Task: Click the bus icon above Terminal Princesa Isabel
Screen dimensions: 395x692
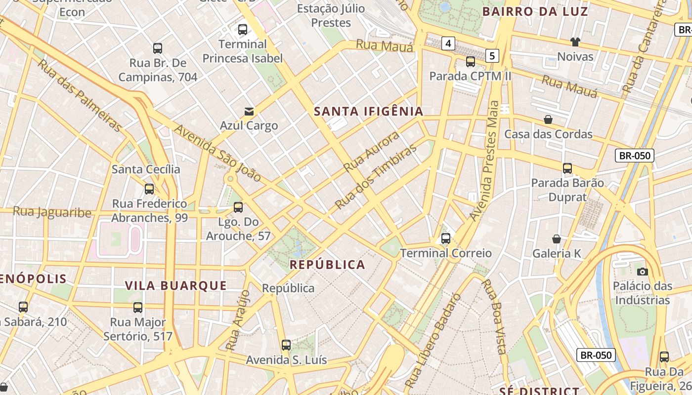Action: [x=243, y=30]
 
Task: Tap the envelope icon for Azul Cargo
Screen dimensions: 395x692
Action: [x=249, y=112]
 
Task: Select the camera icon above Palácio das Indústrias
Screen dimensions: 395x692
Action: [x=643, y=272]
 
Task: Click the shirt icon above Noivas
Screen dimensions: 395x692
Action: [x=575, y=42]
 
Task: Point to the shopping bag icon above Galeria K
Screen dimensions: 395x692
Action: [x=557, y=239]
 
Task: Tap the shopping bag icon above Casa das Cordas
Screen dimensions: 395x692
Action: [x=548, y=119]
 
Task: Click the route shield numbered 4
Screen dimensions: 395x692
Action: [x=448, y=43]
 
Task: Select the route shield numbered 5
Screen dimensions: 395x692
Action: [x=492, y=56]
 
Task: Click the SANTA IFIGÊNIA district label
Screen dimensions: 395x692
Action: [x=369, y=112]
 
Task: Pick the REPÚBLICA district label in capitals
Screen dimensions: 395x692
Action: [x=327, y=265]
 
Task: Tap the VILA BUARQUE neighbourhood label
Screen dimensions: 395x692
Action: [x=176, y=286]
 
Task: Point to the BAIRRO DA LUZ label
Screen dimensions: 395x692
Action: [x=535, y=11]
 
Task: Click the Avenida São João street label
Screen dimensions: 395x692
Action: [x=217, y=153]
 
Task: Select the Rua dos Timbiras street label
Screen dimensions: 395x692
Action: [x=376, y=177]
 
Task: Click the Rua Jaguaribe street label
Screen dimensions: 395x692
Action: [x=52, y=212]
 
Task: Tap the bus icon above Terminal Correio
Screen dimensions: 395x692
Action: [x=446, y=239]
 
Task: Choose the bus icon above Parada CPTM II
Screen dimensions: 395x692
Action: [x=471, y=62]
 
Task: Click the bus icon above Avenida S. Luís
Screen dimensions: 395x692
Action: [x=286, y=345]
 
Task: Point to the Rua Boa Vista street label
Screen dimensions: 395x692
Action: [x=495, y=316]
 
